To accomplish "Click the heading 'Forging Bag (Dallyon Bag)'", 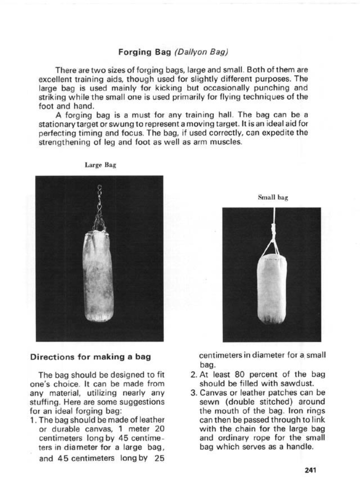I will pos(173,52).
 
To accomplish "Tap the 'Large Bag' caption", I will pos(100,165).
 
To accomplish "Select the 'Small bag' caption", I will pos(273,198).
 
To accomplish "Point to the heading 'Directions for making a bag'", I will pos(90,357).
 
